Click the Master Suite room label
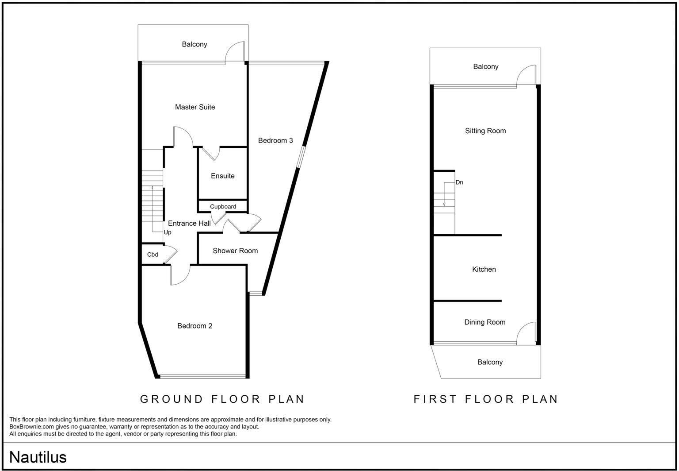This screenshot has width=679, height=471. pos(195,107)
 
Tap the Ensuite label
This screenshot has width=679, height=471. pos(223,176)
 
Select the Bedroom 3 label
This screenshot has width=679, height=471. pos(275,141)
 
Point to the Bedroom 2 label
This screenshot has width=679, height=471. pos(195,326)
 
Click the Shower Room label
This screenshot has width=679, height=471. pos(235,251)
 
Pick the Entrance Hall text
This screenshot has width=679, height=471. pos(189,224)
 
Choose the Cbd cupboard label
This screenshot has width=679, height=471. pos(153,255)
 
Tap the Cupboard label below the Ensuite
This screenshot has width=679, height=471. pos(223,207)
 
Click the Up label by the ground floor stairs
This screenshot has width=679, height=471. pos(168,232)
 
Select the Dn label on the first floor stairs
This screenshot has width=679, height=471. pos(459,182)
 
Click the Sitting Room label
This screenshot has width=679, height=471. pos(485,131)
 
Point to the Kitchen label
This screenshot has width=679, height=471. pos(484,270)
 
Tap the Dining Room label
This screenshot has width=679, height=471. pos(485,323)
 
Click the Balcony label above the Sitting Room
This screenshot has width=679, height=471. pos(486,67)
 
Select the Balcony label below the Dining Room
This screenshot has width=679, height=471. pos(490,363)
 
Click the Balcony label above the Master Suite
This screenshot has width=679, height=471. pos(195,45)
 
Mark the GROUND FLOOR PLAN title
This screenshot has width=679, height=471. pos(222,399)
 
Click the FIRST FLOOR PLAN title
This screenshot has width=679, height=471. pos(486,399)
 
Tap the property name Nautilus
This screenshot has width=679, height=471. pos(38,457)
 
